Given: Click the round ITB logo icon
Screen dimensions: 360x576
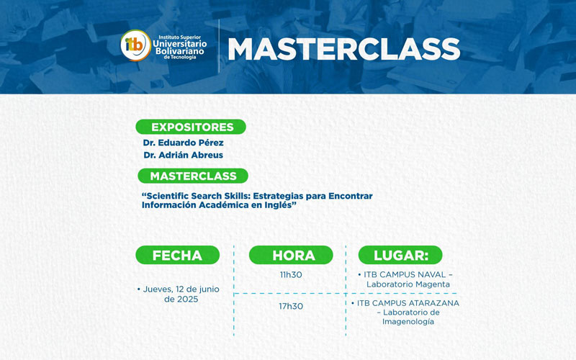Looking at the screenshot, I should pyautogui.click(x=135, y=46).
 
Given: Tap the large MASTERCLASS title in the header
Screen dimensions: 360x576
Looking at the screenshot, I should pyautogui.click(x=343, y=48).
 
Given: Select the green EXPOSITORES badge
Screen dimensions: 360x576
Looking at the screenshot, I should pyautogui.click(x=191, y=127).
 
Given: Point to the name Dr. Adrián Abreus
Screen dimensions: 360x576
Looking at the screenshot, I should pyautogui.click(x=183, y=155).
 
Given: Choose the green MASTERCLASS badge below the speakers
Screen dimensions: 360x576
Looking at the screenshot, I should pyautogui.click(x=192, y=176).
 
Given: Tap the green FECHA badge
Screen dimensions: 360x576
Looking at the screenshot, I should pyautogui.click(x=177, y=255).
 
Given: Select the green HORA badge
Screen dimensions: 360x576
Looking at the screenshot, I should pyautogui.click(x=291, y=255).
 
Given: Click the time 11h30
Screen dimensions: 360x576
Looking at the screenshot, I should pyautogui.click(x=291, y=274).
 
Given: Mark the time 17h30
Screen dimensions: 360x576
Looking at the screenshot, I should pyautogui.click(x=291, y=306).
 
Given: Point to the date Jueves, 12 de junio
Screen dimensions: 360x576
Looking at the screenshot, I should pyautogui.click(x=180, y=289).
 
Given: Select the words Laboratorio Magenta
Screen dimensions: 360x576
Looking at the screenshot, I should pyautogui.click(x=408, y=284).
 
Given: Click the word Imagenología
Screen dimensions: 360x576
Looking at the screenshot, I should pyautogui.click(x=408, y=322).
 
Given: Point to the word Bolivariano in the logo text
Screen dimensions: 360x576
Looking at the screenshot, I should pyautogui.click(x=180, y=51).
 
